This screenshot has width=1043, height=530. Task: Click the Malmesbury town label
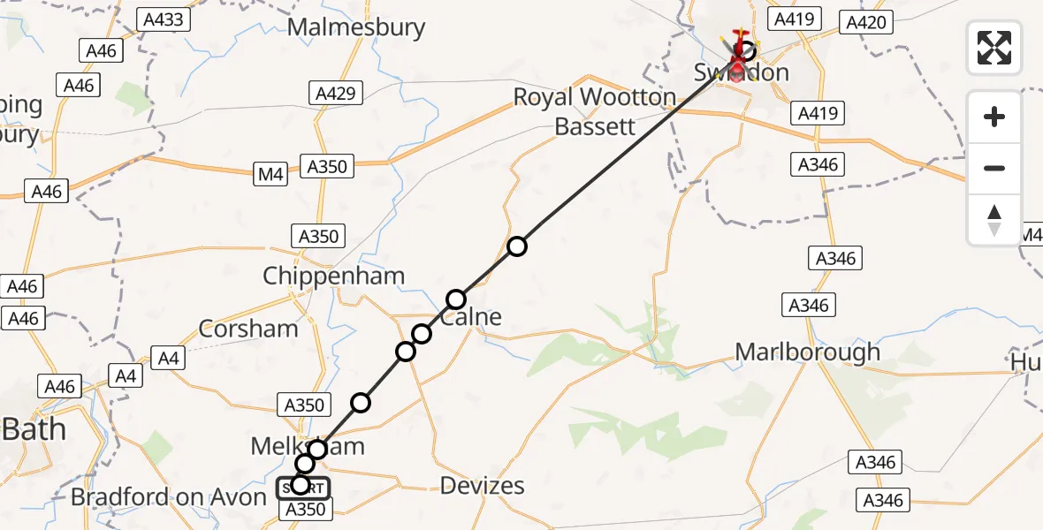[x=356, y=27]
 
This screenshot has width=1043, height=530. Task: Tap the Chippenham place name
[x=333, y=276]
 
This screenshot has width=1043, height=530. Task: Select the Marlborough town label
[x=808, y=352]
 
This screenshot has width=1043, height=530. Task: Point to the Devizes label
[x=482, y=486]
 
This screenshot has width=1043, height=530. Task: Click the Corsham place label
[x=248, y=329]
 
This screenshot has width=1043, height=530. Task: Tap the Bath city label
[x=34, y=429]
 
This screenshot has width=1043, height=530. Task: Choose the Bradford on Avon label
[x=168, y=497]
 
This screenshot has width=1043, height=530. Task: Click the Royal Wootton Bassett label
[x=595, y=111]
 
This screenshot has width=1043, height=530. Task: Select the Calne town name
[x=477, y=317]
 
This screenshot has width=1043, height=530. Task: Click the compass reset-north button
[x=994, y=220]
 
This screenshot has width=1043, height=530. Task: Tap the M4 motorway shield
[x=271, y=175]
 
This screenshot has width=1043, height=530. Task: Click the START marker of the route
[x=303, y=488]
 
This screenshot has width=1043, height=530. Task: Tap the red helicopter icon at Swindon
[x=738, y=53]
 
